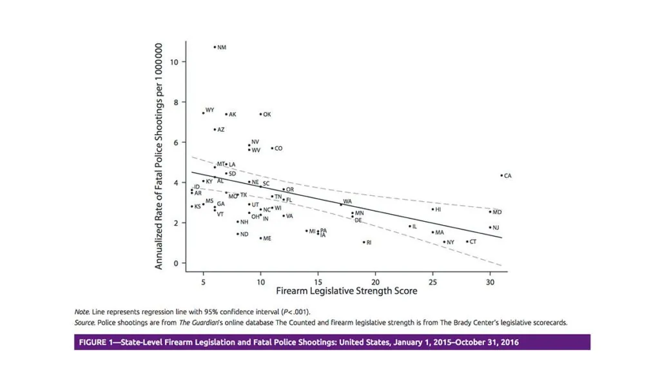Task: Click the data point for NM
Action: click(x=215, y=47)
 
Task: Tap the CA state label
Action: click(x=508, y=175)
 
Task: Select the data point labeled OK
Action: click(x=260, y=114)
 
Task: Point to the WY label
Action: click(x=209, y=110)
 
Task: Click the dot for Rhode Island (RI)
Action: click(x=364, y=242)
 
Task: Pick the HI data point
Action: click(x=432, y=209)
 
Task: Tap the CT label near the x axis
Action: click(x=473, y=242)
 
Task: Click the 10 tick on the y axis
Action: click(x=175, y=62)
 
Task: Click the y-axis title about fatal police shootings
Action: click(x=158, y=155)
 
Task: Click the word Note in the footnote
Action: click(x=81, y=312)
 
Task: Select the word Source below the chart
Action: click(x=84, y=322)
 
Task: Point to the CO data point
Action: click(x=272, y=148)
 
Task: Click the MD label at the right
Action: click(x=497, y=212)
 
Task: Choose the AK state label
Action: click(x=233, y=115)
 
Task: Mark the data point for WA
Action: click(x=341, y=204)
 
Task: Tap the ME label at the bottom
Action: click(x=267, y=239)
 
